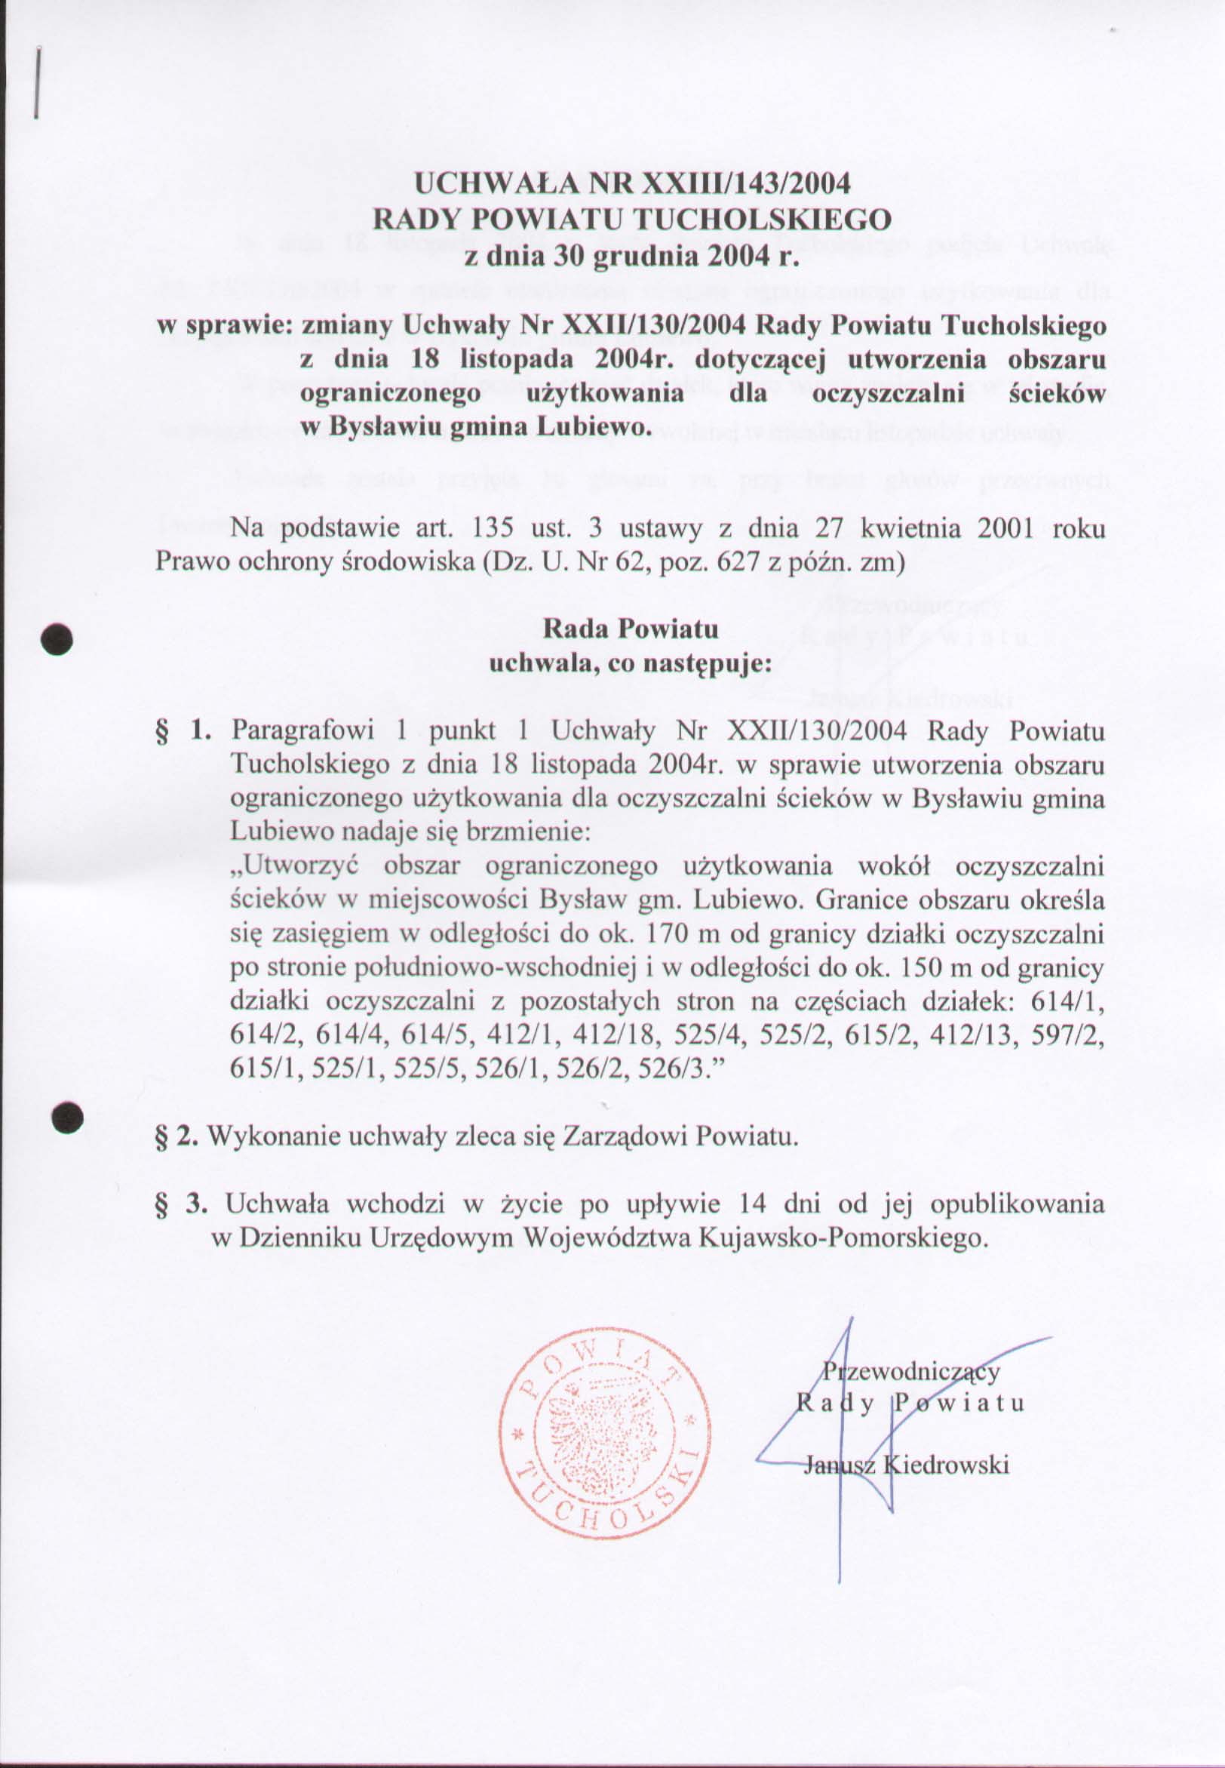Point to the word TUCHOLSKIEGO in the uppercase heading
[x=760, y=220]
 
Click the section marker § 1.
[x=184, y=730]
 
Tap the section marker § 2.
[x=178, y=1136]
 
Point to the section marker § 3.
[x=183, y=1204]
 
